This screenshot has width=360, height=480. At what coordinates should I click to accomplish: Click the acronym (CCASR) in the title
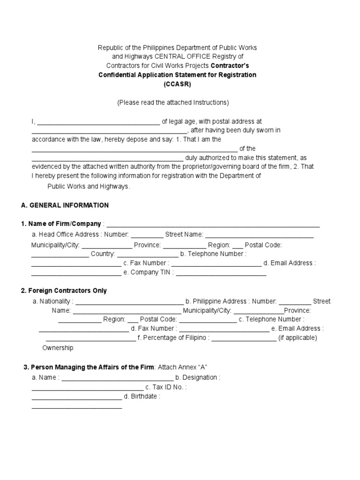point(177,84)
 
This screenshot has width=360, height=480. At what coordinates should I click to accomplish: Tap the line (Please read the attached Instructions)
point(173,103)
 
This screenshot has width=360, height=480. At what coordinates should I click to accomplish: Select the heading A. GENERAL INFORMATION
point(65,205)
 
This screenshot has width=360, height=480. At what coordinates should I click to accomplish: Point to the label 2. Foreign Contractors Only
point(64,291)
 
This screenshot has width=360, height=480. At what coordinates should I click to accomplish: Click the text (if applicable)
point(298,338)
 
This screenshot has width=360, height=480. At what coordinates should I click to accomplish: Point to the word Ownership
point(58,348)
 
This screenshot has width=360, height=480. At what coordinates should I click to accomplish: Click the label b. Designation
point(197,377)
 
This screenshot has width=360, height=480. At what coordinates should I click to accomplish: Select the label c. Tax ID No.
point(166,387)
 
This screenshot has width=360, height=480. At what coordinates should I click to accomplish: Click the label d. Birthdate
point(142,397)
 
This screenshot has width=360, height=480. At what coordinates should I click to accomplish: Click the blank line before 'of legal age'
point(98,123)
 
